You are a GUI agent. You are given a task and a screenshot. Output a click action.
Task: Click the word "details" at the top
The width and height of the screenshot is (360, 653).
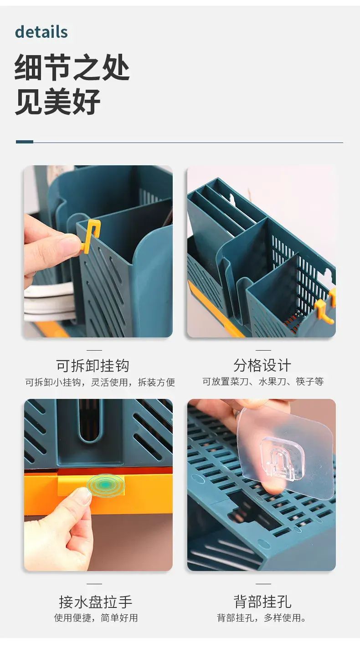tap(41, 32)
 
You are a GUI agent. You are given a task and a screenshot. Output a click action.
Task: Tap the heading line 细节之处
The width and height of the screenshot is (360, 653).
tap(72, 67)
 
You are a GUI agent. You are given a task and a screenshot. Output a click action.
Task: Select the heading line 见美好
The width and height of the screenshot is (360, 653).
tap(58, 102)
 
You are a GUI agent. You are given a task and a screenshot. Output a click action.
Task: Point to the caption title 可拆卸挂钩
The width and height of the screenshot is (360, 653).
tap(93, 366)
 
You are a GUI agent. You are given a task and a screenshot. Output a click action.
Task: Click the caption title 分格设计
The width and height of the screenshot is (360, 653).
tap(262, 365)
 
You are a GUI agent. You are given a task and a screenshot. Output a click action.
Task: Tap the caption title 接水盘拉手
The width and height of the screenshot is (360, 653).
tap(95, 602)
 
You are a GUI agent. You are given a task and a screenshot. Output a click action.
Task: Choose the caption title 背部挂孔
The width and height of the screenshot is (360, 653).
tap(262, 602)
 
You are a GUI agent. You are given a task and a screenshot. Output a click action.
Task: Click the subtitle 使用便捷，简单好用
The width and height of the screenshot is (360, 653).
tap(96, 618)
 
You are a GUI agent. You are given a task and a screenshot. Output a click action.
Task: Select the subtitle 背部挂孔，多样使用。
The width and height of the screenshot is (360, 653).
tap(262, 618)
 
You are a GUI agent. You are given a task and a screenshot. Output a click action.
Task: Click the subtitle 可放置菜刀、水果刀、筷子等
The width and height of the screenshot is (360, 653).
tap(263, 381)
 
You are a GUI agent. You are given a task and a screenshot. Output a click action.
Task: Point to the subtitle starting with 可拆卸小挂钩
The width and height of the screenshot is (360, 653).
tap(100, 382)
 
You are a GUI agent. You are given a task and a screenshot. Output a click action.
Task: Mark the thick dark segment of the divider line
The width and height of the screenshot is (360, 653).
tap(25, 142)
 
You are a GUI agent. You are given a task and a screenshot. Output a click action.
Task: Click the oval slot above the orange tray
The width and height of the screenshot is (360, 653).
tap(89, 420)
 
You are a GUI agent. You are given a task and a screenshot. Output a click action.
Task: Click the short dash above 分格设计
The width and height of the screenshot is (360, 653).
tap(263, 350)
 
